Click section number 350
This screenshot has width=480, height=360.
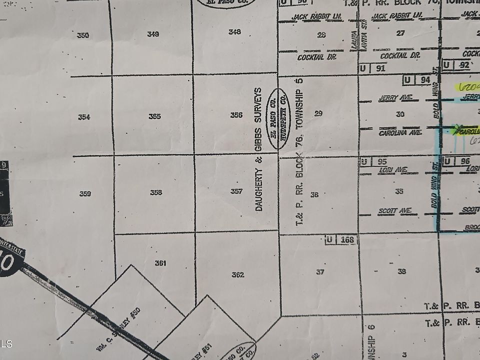(83, 35)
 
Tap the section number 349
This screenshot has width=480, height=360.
(153, 34)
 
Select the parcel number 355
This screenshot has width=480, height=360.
(154, 116)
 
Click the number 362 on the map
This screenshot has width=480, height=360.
(238, 274)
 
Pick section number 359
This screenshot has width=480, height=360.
(85, 193)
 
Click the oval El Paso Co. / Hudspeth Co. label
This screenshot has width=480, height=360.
(279, 118)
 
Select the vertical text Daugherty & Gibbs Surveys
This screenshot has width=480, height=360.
(258, 149)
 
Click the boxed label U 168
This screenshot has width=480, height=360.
(342, 240)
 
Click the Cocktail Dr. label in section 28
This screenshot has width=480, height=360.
(316, 57)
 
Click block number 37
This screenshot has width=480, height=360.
(320, 272)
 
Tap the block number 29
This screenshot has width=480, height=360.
(318, 113)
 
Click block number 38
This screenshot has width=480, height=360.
(401, 271)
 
